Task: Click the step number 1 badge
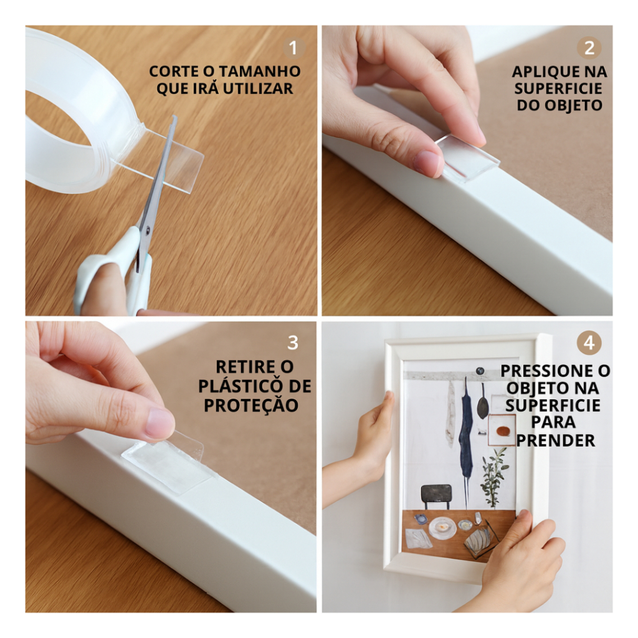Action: [293, 48]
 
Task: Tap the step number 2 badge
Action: [589, 48]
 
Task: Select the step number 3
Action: [293, 343]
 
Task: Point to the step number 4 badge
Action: [589, 343]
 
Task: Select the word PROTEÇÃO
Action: [251, 405]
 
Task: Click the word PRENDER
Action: [555, 440]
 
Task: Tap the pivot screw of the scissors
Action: [147, 231]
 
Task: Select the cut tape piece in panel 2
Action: [467, 158]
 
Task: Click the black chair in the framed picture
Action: [436, 496]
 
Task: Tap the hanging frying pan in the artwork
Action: [483, 401]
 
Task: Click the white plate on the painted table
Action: [442, 528]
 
